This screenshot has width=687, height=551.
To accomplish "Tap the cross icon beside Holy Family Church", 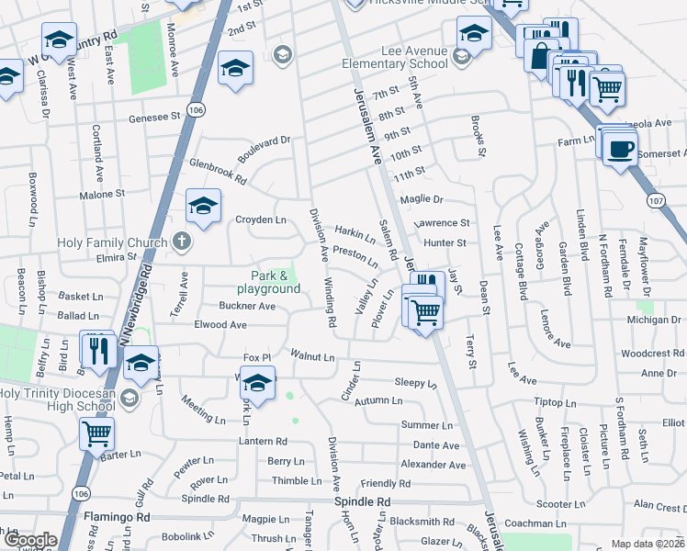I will tap(182, 242).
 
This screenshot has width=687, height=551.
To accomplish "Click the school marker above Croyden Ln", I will tap(203, 207).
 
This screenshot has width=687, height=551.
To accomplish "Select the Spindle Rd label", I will tap(362, 502).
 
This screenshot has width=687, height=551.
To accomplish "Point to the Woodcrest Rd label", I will tap(647, 353).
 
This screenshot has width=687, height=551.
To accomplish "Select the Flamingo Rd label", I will tap(117, 517).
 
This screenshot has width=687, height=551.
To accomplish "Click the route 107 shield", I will tap(655, 199).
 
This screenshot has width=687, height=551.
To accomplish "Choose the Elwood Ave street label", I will tap(220, 324).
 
